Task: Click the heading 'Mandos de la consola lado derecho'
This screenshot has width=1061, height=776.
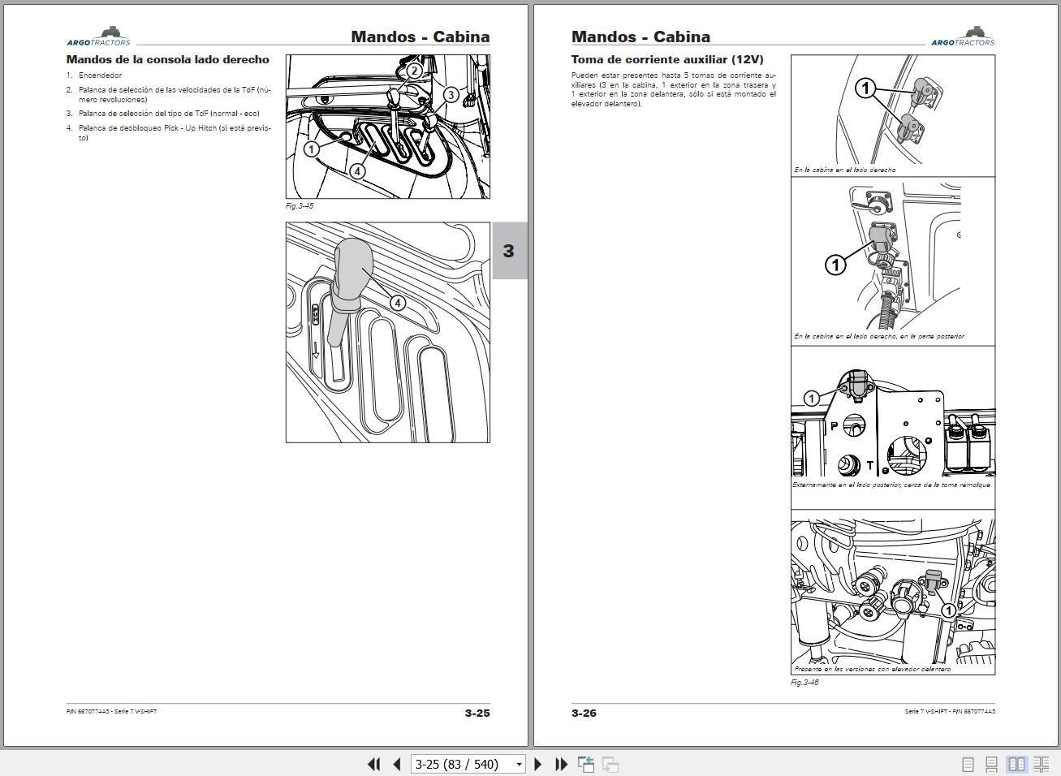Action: click(167, 59)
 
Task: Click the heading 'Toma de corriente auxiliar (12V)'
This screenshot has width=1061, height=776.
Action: click(667, 59)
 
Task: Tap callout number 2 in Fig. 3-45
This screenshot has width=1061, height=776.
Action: click(414, 71)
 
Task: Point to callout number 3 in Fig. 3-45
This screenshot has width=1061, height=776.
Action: click(451, 94)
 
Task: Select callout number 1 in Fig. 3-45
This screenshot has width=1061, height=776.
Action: click(311, 149)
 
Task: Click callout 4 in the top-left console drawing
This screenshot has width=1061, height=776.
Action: click(357, 171)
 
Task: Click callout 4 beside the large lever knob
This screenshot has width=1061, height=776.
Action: click(397, 303)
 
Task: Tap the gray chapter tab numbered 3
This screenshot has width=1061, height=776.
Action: click(509, 251)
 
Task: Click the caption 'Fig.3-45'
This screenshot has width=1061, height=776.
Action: click(300, 206)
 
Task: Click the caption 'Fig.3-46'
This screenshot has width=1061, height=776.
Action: click(804, 683)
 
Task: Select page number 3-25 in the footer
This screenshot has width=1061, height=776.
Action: click(477, 713)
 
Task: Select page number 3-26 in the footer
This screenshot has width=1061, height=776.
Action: click(584, 713)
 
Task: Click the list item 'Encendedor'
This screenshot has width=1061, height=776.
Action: click(100, 75)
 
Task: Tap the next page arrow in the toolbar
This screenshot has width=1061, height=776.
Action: click(537, 764)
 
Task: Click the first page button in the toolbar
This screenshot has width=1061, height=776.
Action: click(373, 764)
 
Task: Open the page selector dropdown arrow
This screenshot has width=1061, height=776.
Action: click(519, 765)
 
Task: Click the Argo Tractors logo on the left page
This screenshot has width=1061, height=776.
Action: click(98, 37)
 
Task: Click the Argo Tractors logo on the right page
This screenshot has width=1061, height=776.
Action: click(963, 37)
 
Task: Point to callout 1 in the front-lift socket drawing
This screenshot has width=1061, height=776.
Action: click(947, 610)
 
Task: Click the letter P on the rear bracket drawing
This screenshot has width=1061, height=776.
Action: click(833, 425)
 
